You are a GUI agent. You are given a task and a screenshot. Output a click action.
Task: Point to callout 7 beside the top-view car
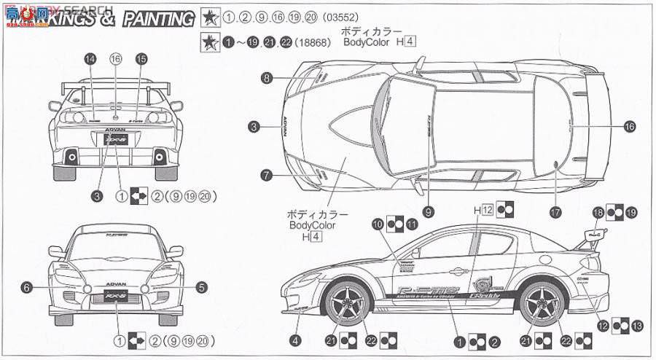(x=268, y=175)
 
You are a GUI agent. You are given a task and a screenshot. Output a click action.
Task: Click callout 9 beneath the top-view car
(x=429, y=211)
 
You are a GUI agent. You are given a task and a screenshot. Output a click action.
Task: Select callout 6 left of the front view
(x=26, y=289)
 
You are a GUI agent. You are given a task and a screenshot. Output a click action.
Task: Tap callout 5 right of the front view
(x=201, y=289)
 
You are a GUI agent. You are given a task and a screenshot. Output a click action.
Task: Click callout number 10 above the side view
(x=377, y=224)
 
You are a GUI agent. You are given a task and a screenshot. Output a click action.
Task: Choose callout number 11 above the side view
(x=413, y=224)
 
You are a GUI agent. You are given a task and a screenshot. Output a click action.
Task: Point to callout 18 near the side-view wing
(x=598, y=212)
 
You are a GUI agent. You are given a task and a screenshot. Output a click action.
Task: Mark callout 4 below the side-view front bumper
(x=294, y=340)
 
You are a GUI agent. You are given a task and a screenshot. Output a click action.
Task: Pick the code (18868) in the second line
(x=314, y=42)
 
